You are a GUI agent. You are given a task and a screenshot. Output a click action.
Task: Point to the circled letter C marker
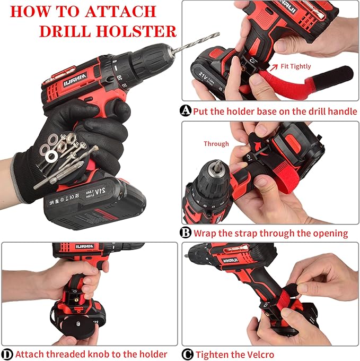click(x=187, y=354)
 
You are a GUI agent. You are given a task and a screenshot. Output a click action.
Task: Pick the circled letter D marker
click(x=7, y=354)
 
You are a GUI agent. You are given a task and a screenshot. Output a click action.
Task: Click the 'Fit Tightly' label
click(x=296, y=67)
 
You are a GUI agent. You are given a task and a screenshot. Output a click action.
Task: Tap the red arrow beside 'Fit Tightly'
click(x=273, y=67)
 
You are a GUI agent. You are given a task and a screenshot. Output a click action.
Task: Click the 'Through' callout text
click(x=216, y=144)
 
